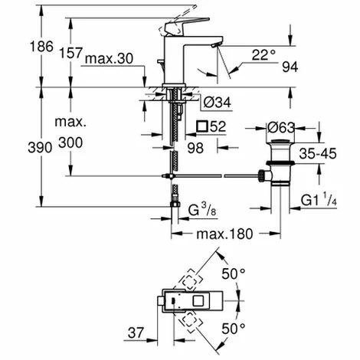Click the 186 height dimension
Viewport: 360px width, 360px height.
(x=41, y=47)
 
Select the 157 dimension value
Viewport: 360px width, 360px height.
(x=70, y=53)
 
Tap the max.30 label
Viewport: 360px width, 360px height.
(x=109, y=58)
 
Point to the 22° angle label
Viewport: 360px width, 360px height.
(x=263, y=55)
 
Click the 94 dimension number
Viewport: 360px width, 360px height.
(x=290, y=67)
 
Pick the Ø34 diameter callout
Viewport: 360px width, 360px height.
(x=218, y=103)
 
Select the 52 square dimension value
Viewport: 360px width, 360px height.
(x=218, y=126)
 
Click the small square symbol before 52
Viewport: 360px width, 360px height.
(x=202, y=126)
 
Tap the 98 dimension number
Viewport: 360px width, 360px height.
(x=195, y=148)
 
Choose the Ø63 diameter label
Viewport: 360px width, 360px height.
(x=281, y=127)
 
